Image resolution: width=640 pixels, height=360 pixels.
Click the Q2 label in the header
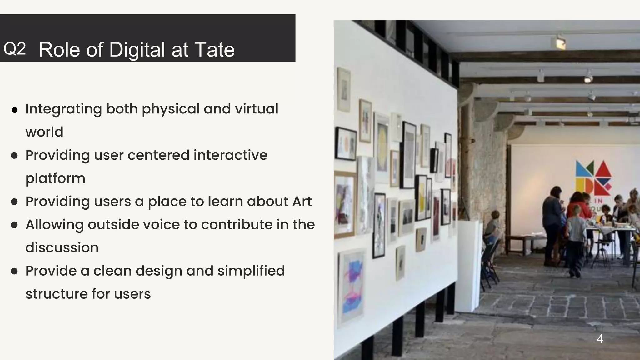point(14,49)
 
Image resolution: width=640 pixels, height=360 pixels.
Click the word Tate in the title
point(214,50)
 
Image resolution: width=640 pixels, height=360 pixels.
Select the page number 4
point(600,338)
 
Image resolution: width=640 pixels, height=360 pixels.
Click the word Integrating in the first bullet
point(63,109)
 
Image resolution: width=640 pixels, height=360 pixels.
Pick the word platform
point(55,178)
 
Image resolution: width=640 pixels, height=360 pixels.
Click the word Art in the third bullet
point(302,201)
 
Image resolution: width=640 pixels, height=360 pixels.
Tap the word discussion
point(62,247)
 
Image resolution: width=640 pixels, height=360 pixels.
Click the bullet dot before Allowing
point(14,225)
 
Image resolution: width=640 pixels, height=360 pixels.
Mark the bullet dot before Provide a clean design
point(14,271)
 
